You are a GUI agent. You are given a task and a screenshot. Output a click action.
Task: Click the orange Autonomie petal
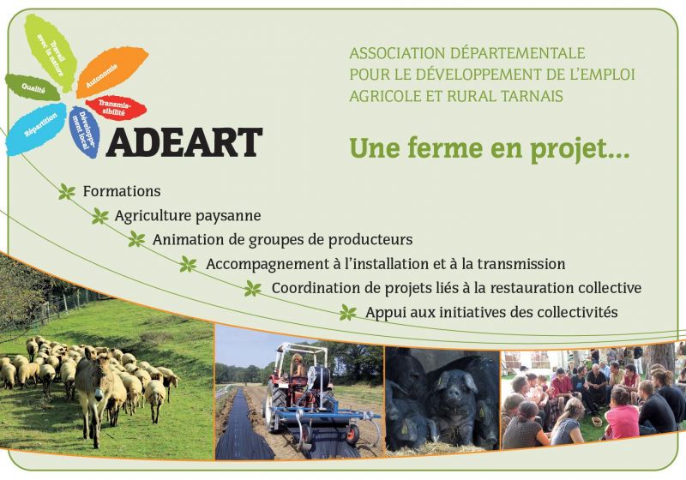point(112,71)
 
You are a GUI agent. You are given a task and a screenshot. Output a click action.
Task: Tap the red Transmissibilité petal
point(116,107)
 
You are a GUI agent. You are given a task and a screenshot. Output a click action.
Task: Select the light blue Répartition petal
point(37,129)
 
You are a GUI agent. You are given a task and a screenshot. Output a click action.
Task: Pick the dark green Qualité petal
point(32,87)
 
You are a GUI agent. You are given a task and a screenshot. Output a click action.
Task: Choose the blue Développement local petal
point(84,132)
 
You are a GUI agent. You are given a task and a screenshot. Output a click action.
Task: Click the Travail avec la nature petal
point(52,51)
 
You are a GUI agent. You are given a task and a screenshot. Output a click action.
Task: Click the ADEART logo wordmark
point(184,142)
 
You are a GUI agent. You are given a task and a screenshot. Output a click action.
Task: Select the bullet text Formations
point(122,191)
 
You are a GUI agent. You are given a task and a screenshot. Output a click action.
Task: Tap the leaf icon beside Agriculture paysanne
point(100,216)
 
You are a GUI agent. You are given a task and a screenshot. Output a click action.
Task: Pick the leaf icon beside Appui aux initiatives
point(348,313)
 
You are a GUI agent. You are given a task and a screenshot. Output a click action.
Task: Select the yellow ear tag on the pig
point(482,411)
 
